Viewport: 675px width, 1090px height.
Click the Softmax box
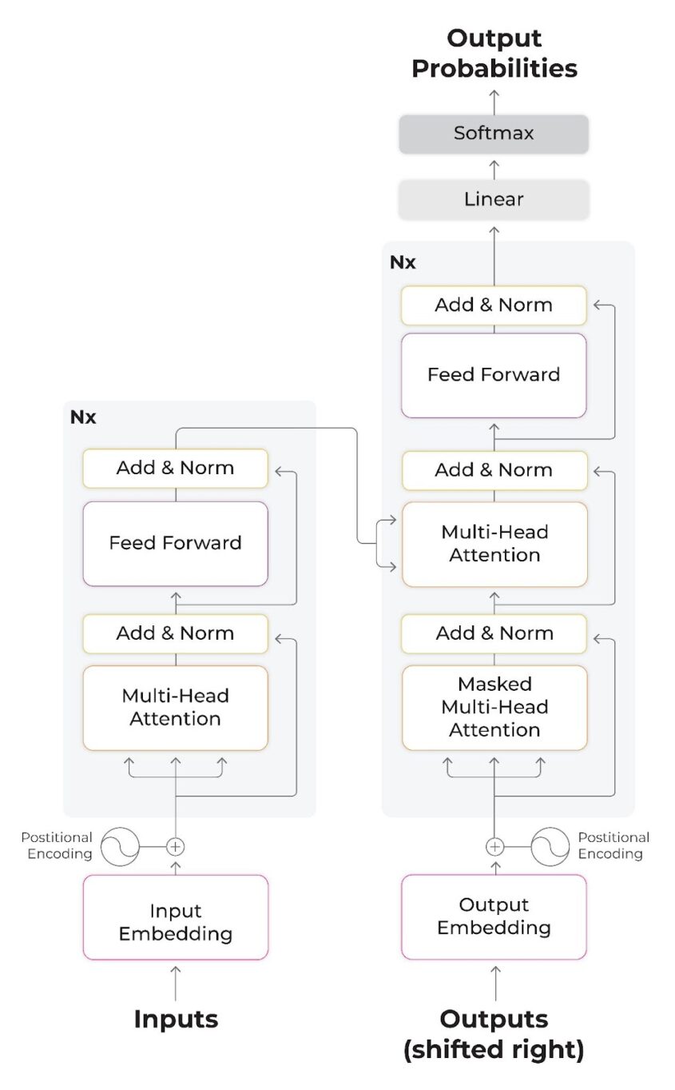click(494, 134)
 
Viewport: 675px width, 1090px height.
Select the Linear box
click(494, 199)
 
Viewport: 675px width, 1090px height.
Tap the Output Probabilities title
click(494, 53)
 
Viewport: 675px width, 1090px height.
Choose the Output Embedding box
click(494, 916)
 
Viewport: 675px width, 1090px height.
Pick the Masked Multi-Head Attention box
click(494, 707)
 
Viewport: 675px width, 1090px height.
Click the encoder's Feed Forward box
click(176, 543)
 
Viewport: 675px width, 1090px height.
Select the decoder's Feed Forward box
click(494, 374)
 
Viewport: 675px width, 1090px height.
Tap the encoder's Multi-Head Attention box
click(176, 707)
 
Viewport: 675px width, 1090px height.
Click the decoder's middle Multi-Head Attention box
click(494, 544)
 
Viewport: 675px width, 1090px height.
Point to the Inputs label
click(176, 1019)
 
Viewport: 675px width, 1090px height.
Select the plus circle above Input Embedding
click(176, 846)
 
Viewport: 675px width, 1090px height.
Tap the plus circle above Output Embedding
click(495, 846)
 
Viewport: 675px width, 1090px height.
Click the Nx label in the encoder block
click(83, 417)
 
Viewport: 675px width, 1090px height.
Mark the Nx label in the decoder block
click(403, 262)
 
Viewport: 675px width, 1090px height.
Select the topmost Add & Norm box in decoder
click(494, 305)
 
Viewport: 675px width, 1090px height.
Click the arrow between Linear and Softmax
click(494, 168)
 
